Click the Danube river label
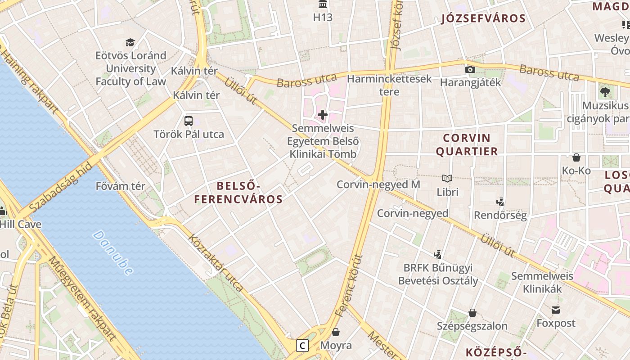click(x=113, y=252)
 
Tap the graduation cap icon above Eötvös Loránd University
click(x=130, y=42)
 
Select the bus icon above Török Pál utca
click(x=189, y=121)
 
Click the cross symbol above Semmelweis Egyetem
click(x=323, y=115)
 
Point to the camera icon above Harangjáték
click(x=470, y=69)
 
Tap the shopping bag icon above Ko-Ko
click(x=576, y=157)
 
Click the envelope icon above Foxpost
click(x=556, y=310)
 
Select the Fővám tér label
click(x=121, y=186)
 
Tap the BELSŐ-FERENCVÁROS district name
click(x=238, y=192)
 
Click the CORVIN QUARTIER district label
click(x=467, y=144)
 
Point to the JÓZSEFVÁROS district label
click(x=483, y=18)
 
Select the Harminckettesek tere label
click(x=390, y=85)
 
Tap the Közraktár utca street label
click(x=216, y=263)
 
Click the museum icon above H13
click(x=323, y=5)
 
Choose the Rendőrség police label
click(x=500, y=215)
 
